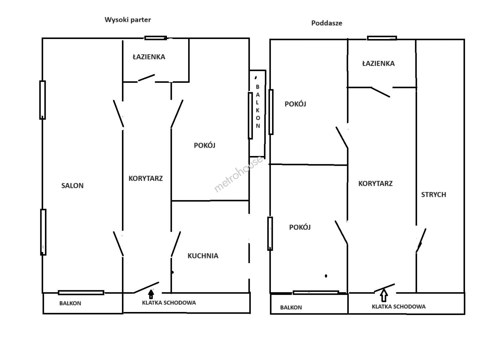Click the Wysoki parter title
[128, 20]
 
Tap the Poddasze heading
[327, 23]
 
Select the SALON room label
[72, 186]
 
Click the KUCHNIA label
[203, 256]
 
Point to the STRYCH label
[434, 195]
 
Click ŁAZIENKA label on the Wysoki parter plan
[149, 57]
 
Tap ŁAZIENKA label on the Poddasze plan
[378, 63]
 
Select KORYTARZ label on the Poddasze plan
[375, 183]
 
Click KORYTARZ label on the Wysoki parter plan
[146, 178]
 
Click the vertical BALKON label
[258, 106]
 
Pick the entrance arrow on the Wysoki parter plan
[151, 294]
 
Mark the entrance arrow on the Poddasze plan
[384, 295]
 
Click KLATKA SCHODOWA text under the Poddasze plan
[399, 307]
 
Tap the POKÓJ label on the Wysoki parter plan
[205, 145]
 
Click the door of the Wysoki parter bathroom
[146, 78]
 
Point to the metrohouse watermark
[239, 174]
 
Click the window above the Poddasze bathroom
[382, 38]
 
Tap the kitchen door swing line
[176, 244]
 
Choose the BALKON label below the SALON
[70, 303]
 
